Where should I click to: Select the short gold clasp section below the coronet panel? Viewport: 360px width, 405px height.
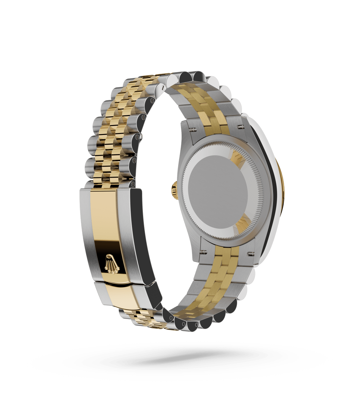point(116,297)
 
